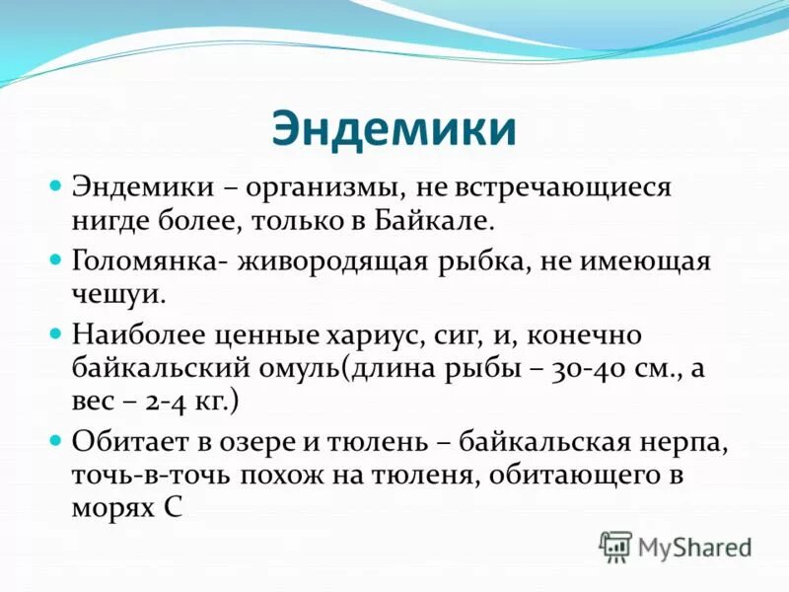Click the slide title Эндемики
coord(394,128)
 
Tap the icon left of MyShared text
coord(615,546)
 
